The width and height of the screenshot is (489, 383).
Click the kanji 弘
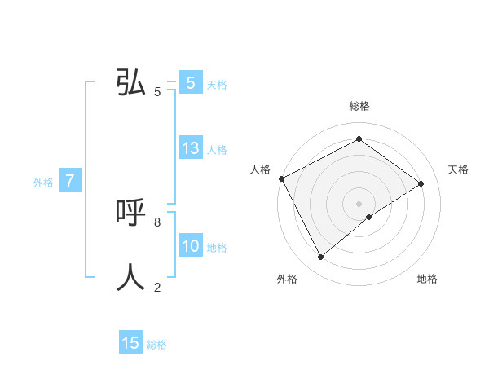click(131, 82)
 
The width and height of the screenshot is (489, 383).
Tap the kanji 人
click(131, 277)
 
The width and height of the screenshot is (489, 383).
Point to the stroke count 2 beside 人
click(157, 287)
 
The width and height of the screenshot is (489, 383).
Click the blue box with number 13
click(191, 148)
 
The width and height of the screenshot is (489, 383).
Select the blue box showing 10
click(191, 246)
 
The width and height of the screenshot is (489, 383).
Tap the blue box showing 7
click(70, 181)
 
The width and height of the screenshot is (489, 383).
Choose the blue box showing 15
click(130, 343)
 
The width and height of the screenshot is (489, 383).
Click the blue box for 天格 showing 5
click(191, 83)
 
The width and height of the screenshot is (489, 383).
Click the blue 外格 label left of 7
click(43, 183)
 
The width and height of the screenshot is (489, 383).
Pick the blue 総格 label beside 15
click(156, 345)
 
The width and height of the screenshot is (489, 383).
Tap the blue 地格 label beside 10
click(217, 248)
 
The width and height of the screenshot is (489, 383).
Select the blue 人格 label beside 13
click(217, 150)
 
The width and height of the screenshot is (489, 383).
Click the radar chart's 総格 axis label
click(359, 106)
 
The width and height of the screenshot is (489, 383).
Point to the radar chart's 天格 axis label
click(458, 169)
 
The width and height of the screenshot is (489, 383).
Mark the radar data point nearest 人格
click(281, 178)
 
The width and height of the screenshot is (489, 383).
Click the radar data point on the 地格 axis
click(369, 217)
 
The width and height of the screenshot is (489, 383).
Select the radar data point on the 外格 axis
click(320, 258)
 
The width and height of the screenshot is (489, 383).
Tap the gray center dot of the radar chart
click(359, 203)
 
